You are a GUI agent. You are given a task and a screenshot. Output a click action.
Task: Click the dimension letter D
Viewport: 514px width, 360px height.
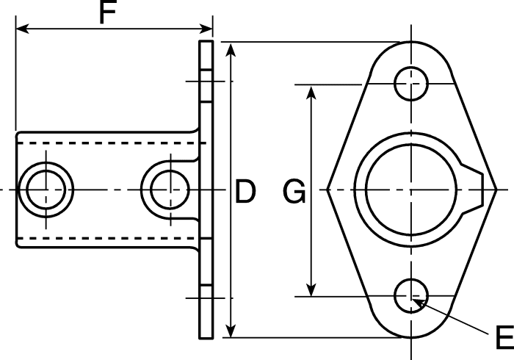coord(245,191)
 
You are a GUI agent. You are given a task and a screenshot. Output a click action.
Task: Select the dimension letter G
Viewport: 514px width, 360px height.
coord(294,191)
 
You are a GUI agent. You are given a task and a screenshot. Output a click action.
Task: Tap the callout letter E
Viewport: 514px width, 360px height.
coord(505,337)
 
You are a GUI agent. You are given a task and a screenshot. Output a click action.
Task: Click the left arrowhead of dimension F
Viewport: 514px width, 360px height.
coord(22,29)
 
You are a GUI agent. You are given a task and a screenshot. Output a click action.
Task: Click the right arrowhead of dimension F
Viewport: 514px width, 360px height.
coord(206,29)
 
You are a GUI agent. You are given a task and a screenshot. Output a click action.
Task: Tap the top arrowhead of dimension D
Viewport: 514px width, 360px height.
coord(231,49)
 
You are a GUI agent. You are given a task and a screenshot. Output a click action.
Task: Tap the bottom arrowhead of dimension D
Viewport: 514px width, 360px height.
coord(231,331)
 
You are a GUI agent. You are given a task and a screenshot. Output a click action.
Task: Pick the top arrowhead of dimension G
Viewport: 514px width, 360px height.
coord(311,92)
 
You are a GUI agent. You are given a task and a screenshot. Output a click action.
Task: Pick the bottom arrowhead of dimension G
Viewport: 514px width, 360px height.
coord(311,289)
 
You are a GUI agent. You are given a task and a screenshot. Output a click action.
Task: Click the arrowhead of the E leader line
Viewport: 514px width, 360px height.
coord(418,303)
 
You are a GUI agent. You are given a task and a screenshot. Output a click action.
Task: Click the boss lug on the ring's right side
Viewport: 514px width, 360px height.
coord(473,190)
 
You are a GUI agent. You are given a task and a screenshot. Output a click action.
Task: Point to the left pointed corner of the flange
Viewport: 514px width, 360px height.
coord(327,190)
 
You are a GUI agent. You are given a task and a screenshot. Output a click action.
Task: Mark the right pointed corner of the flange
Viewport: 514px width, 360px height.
coord(496,190)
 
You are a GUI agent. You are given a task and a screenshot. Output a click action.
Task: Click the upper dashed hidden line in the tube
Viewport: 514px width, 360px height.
coord(112,143)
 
